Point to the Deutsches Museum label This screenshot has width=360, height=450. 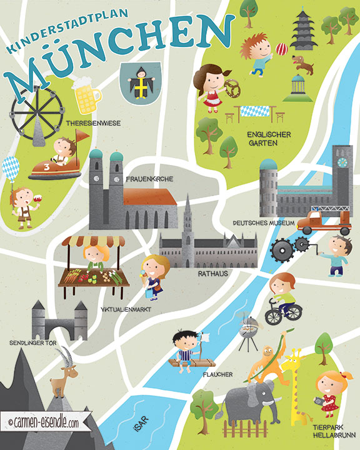261,222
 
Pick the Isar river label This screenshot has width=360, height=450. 143,429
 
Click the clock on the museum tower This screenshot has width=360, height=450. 342,161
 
